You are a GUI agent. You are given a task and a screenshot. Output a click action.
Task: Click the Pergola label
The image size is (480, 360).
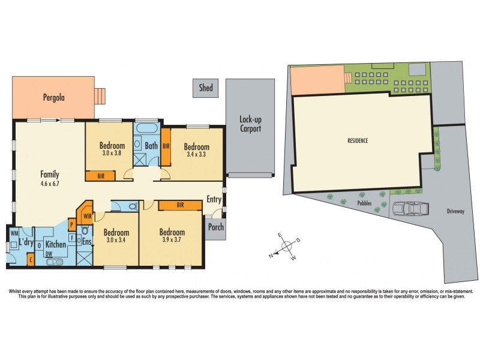click(x=53, y=97)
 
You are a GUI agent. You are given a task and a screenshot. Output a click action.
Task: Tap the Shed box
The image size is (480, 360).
click(x=206, y=88)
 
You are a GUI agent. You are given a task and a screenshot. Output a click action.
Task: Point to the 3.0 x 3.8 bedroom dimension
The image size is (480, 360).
click(x=112, y=153)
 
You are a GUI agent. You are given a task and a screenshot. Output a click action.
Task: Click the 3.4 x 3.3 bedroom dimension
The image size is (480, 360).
click(x=196, y=154)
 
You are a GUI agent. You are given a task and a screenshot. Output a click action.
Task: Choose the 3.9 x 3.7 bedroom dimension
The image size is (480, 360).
click(x=172, y=240)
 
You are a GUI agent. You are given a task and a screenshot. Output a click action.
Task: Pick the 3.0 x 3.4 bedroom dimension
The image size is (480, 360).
click(x=116, y=241)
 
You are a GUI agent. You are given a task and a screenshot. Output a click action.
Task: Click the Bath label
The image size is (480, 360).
click(x=151, y=145)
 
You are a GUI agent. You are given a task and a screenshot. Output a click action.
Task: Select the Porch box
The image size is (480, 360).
click(x=215, y=227)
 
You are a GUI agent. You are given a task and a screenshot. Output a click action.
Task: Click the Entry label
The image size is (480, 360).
click(x=214, y=199)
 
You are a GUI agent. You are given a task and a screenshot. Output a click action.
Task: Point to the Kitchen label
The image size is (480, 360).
click(x=56, y=244)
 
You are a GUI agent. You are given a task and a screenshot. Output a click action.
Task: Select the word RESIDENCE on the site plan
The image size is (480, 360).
click(x=358, y=140)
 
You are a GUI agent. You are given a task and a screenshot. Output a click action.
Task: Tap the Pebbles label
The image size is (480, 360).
click(x=364, y=203)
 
